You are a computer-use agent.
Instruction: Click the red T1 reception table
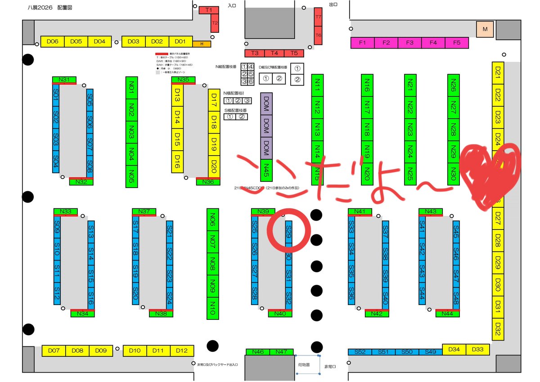click(209, 9)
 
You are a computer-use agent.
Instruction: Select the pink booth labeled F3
click(409, 43)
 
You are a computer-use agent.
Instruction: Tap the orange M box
click(485, 29)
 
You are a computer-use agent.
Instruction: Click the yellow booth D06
click(53, 41)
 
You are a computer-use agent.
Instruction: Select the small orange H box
click(202, 44)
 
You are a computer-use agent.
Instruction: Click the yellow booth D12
click(182, 351)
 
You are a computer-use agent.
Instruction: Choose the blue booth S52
click(360, 352)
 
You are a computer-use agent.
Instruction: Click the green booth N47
click(282, 352)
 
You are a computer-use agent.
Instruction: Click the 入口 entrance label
click(232, 6)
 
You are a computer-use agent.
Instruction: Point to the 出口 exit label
click(333, 4)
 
